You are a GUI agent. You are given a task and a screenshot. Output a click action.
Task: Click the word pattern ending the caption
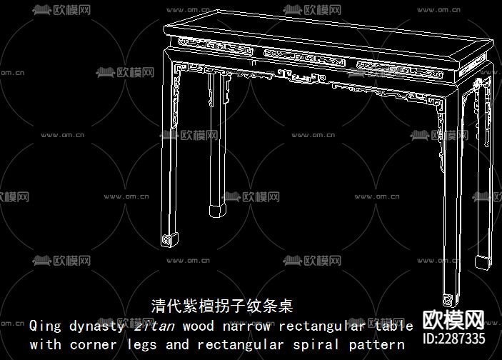click(376, 344)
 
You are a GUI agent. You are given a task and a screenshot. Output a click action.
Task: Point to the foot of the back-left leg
click(217, 210)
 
